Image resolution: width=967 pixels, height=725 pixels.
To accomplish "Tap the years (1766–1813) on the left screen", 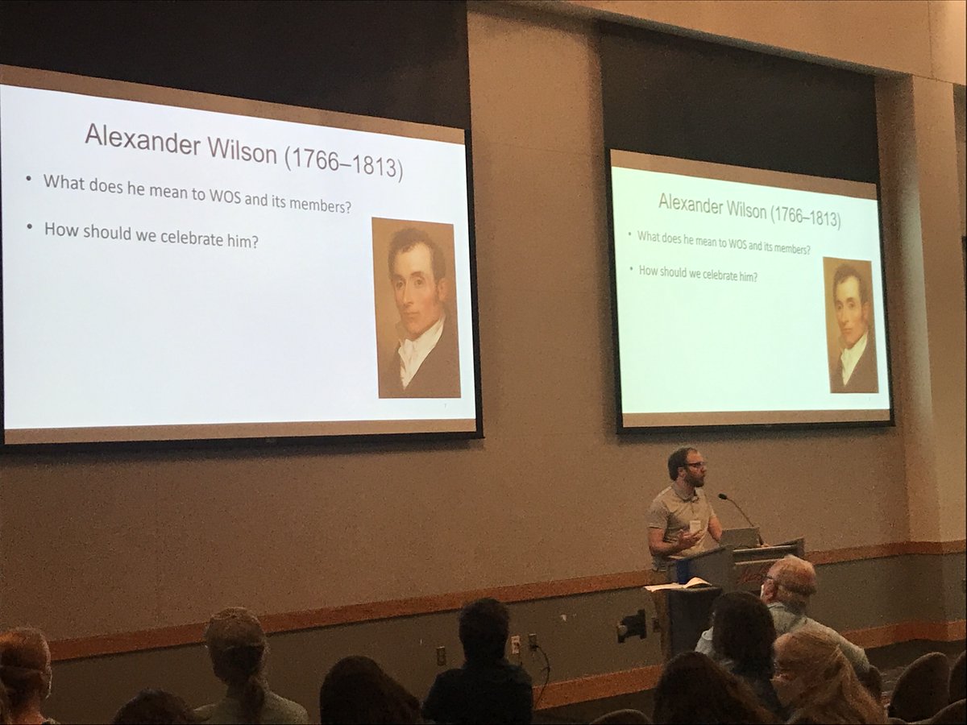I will coord(342,161).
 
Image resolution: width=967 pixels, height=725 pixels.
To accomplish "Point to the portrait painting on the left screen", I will coord(416,308).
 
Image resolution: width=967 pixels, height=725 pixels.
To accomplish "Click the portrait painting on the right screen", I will coord(850,325).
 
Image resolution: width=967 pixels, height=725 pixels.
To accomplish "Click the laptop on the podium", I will coord(740,537).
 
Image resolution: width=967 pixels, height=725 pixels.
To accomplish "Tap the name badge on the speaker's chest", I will coord(694,526).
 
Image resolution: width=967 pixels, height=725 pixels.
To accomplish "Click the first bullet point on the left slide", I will coord(29,179).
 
